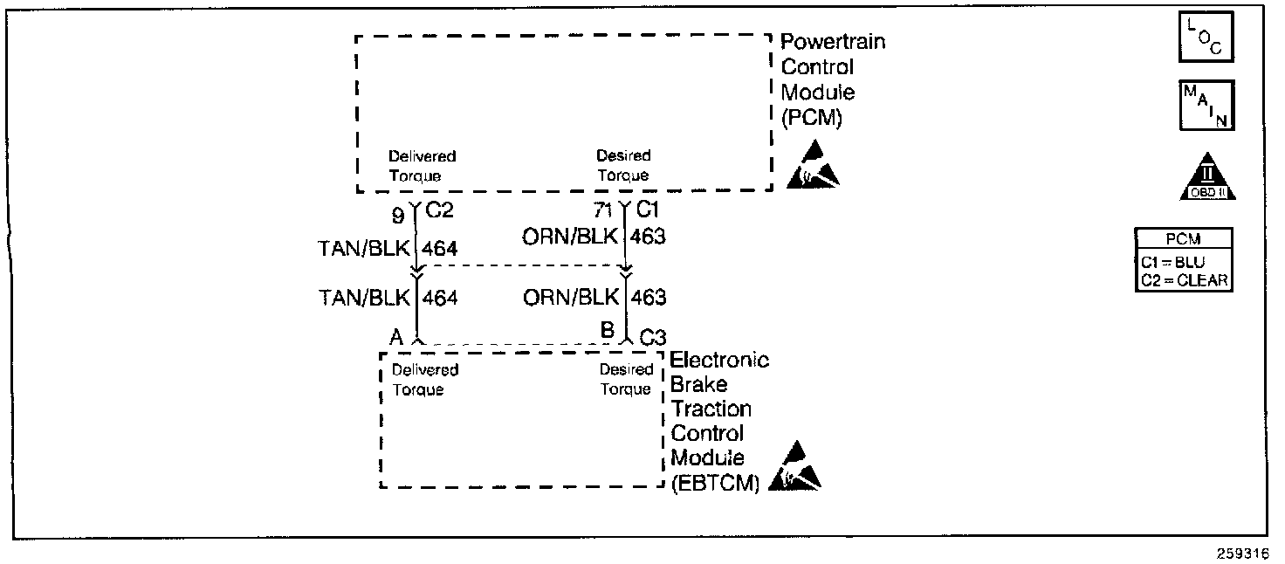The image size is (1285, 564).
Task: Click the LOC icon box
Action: point(1206,38)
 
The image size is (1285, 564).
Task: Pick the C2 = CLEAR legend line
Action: point(1183,279)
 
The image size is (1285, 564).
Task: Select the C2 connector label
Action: point(442,210)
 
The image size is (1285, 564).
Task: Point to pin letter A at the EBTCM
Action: point(395,336)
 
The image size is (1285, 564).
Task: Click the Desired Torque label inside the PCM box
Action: point(623,166)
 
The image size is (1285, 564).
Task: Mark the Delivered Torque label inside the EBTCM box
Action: point(424,380)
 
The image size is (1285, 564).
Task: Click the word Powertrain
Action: point(832,42)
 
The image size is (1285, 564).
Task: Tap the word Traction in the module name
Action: point(711,409)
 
